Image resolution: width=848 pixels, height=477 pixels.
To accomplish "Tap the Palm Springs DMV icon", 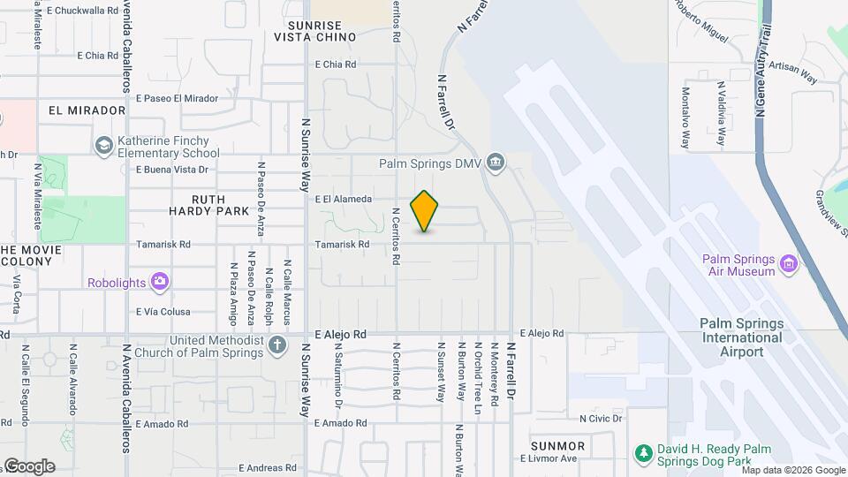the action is click(496, 163).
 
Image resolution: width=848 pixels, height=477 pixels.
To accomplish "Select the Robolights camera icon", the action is click(159, 283).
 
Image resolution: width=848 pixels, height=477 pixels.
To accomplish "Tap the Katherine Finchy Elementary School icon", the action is click(103, 144).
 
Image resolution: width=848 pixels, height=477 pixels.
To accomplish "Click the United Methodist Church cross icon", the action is click(277, 345).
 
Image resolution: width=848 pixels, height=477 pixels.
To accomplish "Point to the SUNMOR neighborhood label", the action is click(558, 445).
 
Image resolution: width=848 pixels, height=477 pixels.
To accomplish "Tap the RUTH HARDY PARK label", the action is click(210, 205).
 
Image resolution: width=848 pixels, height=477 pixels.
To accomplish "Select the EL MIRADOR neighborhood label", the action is click(87, 110).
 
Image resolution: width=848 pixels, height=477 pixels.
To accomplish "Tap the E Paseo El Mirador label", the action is click(177, 98).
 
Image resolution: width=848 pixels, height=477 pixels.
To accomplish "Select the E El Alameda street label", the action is click(344, 200).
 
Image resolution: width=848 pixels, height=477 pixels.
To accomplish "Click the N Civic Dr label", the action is click(601, 418).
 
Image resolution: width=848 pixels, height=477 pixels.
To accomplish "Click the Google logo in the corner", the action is click(29, 466).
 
